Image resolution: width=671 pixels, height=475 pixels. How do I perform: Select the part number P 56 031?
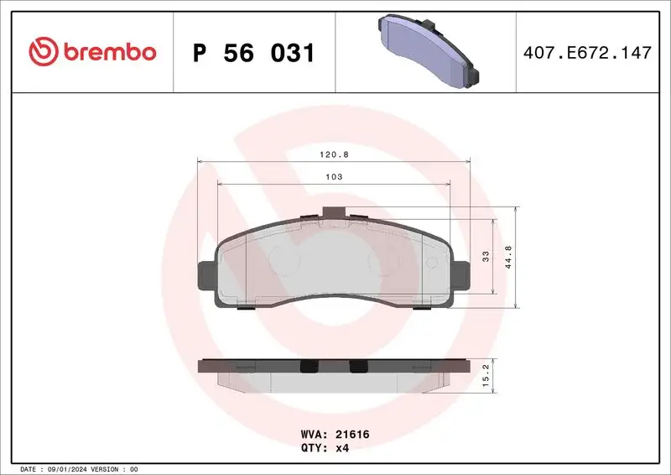pyautogui.click(x=253, y=54)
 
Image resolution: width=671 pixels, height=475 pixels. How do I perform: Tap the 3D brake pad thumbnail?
pyautogui.click(x=427, y=50)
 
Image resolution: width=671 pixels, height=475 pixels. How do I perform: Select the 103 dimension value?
pyautogui.click(x=334, y=177)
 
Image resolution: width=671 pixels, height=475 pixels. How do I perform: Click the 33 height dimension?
pyautogui.click(x=486, y=257)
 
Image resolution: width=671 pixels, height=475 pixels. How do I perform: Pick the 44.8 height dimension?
pyautogui.click(x=508, y=257)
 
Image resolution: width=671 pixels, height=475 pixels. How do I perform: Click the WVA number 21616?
pyautogui.click(x=352, y=436)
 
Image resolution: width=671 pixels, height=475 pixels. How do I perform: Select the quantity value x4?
pyautogui.click(x=343, y=449)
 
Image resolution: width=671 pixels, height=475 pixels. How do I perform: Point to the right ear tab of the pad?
pyautogui.click(x=462, y=274)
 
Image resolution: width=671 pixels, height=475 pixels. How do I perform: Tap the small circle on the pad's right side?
pyautogui.click(x=432, y=262)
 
